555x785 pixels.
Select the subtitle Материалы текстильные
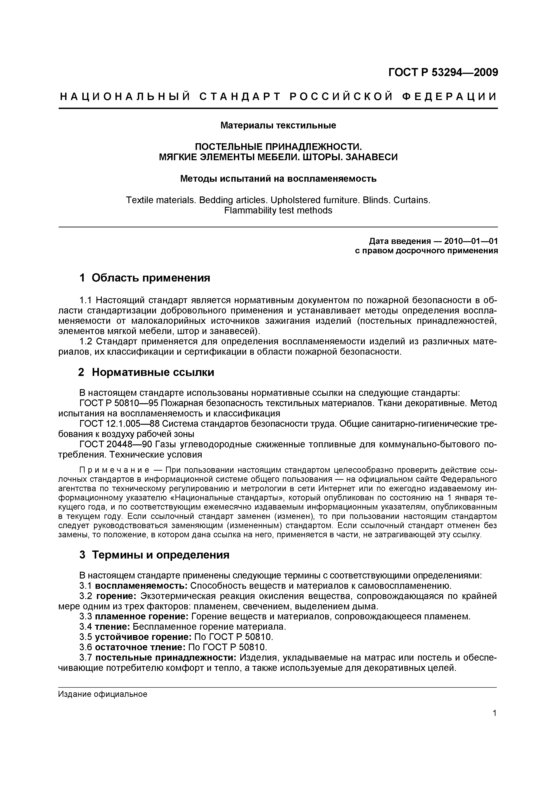pos(278,126)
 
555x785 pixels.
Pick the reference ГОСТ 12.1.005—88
pos(119,424)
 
